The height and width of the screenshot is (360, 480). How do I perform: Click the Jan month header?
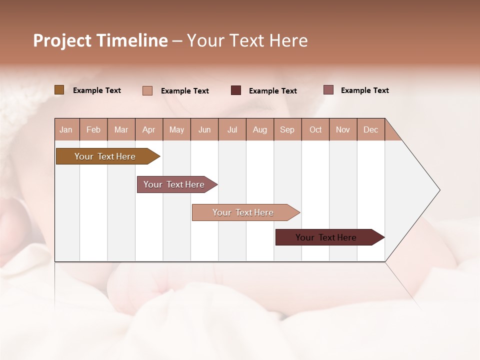click(66, 129)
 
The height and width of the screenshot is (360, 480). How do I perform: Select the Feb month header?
click(93, 129)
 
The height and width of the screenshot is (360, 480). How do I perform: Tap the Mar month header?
click(121, 129)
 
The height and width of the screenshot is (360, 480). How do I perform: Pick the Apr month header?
click(149, 129)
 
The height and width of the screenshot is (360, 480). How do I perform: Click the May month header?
click(176, 129)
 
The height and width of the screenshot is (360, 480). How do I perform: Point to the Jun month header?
click(204, 129)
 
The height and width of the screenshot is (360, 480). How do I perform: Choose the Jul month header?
click(232, 129)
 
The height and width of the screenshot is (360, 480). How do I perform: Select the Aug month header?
click(260, 129)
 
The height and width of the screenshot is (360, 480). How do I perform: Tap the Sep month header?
click(287, 129)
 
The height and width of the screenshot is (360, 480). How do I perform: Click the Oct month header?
click(315, 129)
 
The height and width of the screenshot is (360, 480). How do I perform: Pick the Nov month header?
click(343, 129)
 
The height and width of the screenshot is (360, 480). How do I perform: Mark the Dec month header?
click(371, 129)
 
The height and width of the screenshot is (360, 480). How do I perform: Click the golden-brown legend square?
click(59, 90)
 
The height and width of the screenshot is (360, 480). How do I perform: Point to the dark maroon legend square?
click(236, 90)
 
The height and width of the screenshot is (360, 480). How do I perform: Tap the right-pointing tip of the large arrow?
click(438, 190)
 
